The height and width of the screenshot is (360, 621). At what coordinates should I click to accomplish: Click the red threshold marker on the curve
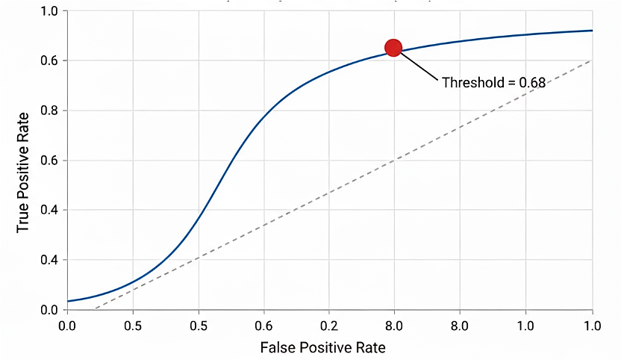click(x=393, y=48)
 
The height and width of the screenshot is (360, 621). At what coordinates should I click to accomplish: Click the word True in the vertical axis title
click(x=23, y=218)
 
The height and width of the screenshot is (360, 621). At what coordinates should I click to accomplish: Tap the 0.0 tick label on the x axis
click(x=67, y=326)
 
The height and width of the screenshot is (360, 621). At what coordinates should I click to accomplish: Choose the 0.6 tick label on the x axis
click(x=263, y=326)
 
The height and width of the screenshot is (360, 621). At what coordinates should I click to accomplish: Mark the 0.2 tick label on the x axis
click(x=329, y=326)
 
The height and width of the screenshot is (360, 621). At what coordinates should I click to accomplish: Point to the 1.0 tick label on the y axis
click(x=49, y=11)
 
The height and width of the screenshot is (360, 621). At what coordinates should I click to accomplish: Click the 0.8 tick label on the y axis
click(x=49, y=111)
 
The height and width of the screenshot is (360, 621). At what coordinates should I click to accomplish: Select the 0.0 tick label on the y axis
click(x=49, y=309)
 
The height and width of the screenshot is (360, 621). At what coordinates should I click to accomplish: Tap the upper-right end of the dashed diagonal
click(x=592, y=60)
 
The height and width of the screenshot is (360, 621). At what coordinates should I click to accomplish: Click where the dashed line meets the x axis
click(x=94, y=309)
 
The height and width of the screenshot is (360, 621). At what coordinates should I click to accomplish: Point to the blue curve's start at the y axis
click(x=68, y=301)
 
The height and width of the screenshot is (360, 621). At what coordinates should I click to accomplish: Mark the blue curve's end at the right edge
click(x=592, y=31)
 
